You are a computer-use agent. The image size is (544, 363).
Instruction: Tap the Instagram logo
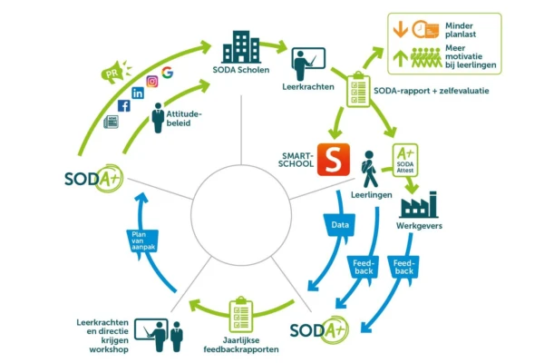coord(152,81)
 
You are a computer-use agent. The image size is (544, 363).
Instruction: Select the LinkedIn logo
coord(138,93)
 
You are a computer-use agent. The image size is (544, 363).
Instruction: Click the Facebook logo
coord(123,105)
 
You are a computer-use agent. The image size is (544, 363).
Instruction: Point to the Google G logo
coord(168,72)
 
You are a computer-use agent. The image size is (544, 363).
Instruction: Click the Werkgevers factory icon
coord(419,204)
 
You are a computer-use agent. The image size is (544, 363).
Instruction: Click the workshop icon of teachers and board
coord(166,333)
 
